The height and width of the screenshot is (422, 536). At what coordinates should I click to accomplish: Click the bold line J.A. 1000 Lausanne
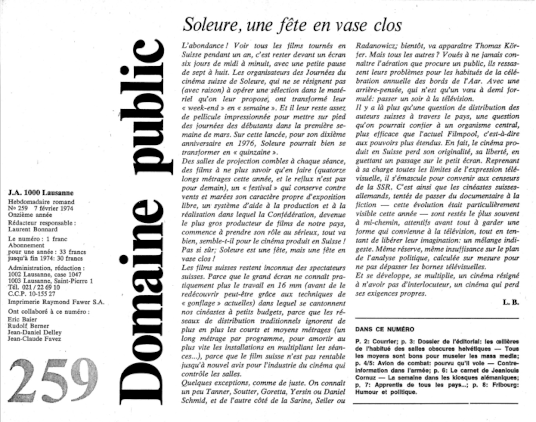41,193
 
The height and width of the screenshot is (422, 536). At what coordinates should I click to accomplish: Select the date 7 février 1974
54,208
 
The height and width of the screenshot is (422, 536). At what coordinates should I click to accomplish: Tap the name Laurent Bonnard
33,229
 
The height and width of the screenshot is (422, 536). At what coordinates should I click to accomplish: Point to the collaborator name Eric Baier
23,320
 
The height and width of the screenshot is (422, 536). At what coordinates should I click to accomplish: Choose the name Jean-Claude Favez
35,339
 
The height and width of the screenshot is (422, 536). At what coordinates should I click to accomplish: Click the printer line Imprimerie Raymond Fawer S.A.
56,302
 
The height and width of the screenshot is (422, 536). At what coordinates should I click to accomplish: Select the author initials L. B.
511,302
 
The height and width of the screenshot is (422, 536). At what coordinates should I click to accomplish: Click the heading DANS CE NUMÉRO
385,329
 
